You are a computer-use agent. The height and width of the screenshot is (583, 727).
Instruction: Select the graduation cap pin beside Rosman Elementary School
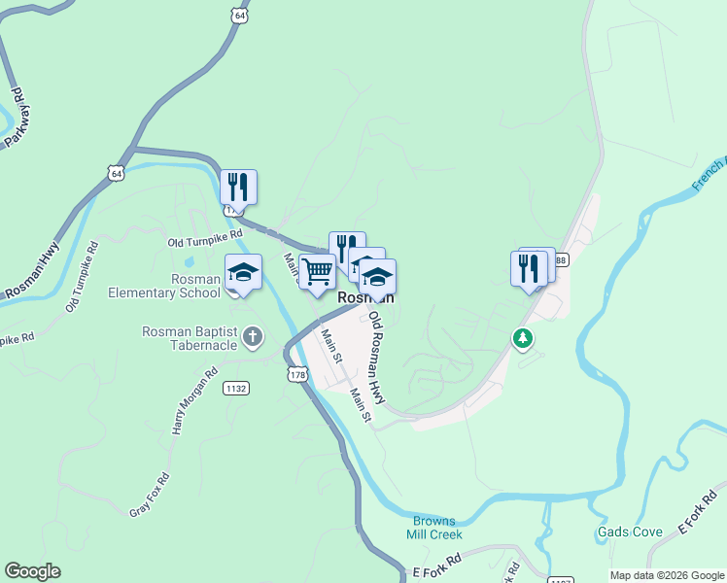pos(244,275)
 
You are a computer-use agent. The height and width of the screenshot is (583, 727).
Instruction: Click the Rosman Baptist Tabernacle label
pos(190,337)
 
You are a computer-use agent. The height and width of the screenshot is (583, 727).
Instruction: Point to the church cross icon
pos(252,337)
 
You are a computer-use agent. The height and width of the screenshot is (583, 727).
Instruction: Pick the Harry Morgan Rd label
pos(191,400)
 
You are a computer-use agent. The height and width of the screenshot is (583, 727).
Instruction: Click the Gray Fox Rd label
pos(150,494)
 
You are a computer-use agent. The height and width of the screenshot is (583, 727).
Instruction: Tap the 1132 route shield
pos(235,388)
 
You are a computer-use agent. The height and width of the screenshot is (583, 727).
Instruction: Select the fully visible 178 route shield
pos(297,374)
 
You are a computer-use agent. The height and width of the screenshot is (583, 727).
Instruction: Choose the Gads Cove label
pos(630,532)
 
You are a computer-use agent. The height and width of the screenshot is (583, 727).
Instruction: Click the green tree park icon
pos(524,338)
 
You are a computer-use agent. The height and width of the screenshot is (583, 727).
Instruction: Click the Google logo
pos(32,571)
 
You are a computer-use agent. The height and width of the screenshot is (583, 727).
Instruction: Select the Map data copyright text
pos(667,575)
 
